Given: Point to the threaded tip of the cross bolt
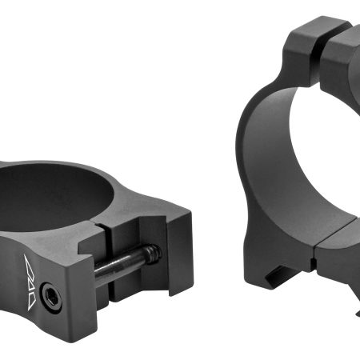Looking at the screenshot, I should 151,254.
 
